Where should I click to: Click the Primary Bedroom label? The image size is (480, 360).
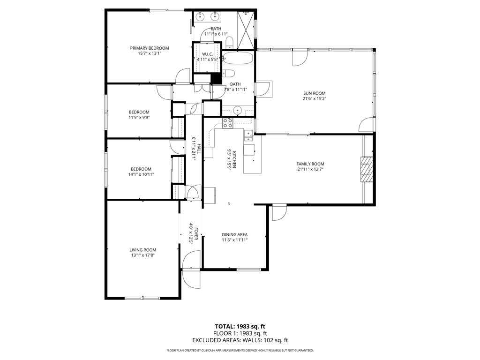click(150, 48)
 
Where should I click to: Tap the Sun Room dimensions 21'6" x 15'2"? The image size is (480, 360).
click(314, 99)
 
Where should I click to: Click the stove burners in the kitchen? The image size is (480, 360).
click(228, 123)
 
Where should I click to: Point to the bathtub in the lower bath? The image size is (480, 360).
click(238, 59)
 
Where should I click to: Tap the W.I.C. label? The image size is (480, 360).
click(208, 54)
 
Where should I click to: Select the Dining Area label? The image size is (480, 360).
click(234, 234)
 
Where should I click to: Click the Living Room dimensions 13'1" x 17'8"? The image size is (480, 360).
click(143, 255)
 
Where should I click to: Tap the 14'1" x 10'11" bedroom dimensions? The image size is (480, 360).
click(142, 174)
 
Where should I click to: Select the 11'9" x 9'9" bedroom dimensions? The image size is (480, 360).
click(139, 118)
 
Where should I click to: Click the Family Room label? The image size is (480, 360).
click(310, 164)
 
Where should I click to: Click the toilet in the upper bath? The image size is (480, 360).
click(229, 44)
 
